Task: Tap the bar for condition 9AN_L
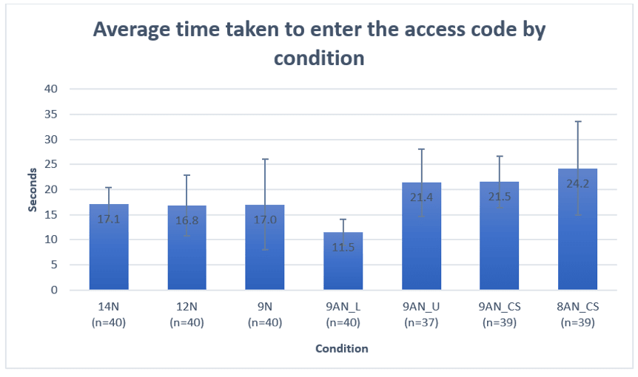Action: pyautogui.click(x=343, y=266)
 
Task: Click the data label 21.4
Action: pyautogui.click(x=421, y=197)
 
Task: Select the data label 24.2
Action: pyautogui.click(x=577, y=183)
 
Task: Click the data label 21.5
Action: pyautogui.click(x=499, y=197)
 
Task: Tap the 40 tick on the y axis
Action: pyautogui.click(x=53, y=89)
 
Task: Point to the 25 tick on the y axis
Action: pyautogui.click(x=53, y=164)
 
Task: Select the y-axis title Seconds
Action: pyautogui.click(x=33, y=189)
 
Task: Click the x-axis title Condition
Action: pyautogui.click(x=342, y=348)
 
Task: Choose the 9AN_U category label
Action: pyautogui.click(x=421, y=308)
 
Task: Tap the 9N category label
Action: pyautogui.click(x=265, y=308)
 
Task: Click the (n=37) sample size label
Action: pyautogui.click(x=421, y=322)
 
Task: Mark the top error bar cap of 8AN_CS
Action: pyautogui.click(x=577, y=121)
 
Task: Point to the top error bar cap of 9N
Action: pyautogui.click(x=265, y=159)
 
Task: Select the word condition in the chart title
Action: pyautogui.click(x=319, y=58)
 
